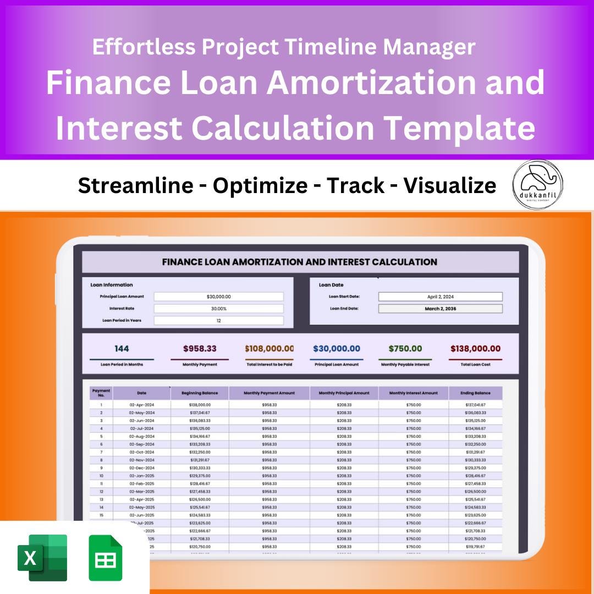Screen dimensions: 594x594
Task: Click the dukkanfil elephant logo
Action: click(537, 185)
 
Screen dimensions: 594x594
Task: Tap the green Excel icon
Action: click(42, 558)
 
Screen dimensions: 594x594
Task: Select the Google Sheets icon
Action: click(106, 558)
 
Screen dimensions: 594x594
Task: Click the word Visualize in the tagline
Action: click(449, 186)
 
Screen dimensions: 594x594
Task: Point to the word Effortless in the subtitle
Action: click(144, 47)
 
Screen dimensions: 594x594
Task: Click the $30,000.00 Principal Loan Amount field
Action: click(218, 296)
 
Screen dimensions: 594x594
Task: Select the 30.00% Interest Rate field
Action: click(218, 309)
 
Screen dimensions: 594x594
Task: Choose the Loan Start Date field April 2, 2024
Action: click(440, 296)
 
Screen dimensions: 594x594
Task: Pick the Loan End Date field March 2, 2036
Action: click(440, 309)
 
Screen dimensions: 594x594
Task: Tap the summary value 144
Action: click(122, 349)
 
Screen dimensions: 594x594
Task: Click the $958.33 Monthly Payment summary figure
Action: click(199, 349)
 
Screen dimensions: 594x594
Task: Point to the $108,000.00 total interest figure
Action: click(269, 349)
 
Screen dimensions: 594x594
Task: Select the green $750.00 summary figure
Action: click(405, 349)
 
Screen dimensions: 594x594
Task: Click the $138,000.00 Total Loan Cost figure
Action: click(475, 349)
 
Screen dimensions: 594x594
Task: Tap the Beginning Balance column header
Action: click(200, 393)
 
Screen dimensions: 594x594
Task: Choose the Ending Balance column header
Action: click(475, 393)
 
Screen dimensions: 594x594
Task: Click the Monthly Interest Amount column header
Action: click(413, 393)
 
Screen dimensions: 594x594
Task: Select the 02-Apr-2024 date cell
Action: click(141, 405)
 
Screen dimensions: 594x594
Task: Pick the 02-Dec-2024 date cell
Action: click(141, 468)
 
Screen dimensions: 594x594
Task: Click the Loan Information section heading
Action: click(112, 285)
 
